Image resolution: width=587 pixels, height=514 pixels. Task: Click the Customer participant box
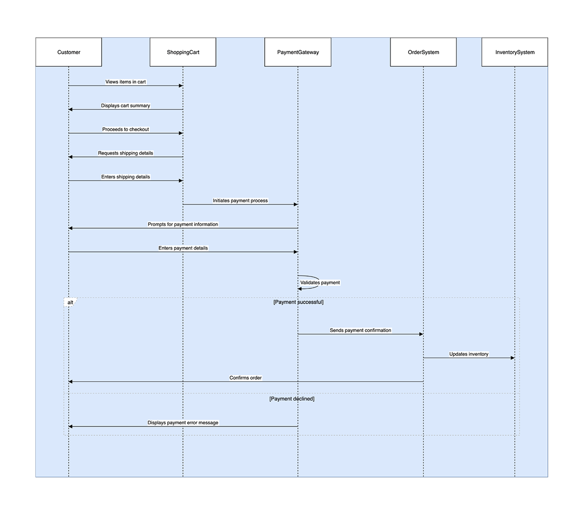coord(69,52)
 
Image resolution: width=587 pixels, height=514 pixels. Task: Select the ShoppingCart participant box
coord(183,52)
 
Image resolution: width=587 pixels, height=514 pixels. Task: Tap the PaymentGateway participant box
coord(298,52)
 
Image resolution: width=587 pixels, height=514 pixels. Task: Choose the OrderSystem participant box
coord(423,52)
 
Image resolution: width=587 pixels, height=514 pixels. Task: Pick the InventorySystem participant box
coord(515,52)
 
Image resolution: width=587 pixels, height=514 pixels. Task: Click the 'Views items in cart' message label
coord(126,82)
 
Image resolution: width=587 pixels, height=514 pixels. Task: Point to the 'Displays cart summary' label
coord(126,105)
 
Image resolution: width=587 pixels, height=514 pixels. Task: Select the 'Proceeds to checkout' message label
coord(126,129)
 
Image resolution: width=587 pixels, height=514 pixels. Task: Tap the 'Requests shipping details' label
coord(126,153)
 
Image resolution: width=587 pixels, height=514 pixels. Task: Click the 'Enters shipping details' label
coord(126,177)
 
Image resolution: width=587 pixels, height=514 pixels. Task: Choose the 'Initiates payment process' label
coord(240,200)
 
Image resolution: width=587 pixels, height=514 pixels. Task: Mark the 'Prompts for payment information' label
coord(183,224)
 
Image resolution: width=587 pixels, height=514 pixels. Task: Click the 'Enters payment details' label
coord(183,248)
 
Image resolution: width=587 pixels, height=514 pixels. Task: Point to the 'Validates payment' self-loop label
coord(320,283)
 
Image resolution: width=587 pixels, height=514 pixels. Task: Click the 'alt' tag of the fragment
coord(70,303)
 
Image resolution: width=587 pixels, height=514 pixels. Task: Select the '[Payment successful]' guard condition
coord(298,302)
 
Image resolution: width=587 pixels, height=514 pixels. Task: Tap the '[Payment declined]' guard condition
coord(292,399)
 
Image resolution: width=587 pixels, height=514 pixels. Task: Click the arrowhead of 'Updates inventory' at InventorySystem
coord(513,358)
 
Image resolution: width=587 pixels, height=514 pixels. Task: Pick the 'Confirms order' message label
coord(245,378)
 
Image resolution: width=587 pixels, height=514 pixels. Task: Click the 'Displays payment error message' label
coord(183,422)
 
